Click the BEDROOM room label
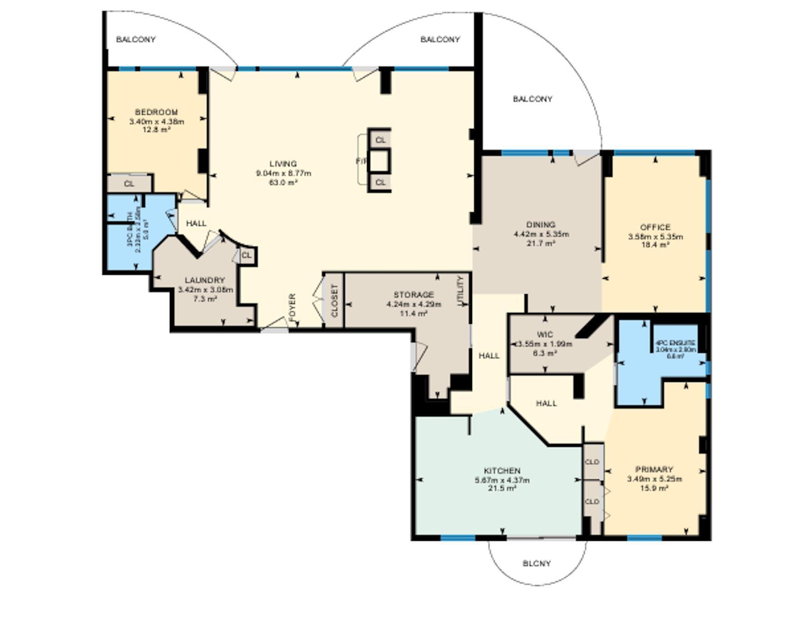[x=156, y=112]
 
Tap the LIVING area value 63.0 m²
[x=283, y=182]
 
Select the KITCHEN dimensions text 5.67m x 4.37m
[x=502, y=480]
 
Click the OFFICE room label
[x=655, y=227]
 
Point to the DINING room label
[x=541, y=225]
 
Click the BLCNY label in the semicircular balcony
[x=537, y=564]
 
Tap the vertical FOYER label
[x=292, y=306]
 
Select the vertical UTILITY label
[x=460, y=291]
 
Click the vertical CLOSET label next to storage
[x=335, y=301]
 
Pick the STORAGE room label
[x=413, y=295]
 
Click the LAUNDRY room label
[x=204, y=280]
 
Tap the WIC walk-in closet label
[x=545, y=335]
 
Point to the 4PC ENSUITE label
[x=675, y=343]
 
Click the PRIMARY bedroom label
[x=654, y=469]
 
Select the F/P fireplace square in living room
[x=379, y=161]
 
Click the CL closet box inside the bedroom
[x=129, y=184]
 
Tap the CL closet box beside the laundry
[x=246, y=256]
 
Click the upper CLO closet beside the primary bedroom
[x=592, y=462]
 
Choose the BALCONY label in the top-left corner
[x=136, y=40]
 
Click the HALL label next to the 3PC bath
[x=196, y=223]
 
